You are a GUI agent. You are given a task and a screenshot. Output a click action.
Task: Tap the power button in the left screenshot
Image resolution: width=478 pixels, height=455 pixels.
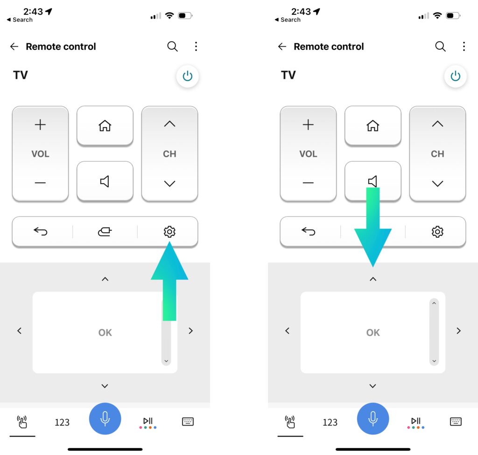point(188,76)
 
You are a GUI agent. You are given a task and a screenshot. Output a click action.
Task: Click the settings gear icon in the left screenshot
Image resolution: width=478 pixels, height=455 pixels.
point(169,232)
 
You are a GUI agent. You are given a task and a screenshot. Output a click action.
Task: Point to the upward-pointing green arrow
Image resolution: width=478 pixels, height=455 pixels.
point(169,281)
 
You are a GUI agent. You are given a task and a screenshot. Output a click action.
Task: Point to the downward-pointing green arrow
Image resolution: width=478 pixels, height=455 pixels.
point(373,227)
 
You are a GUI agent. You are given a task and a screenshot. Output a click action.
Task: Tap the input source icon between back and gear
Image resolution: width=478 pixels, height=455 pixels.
point(105,232)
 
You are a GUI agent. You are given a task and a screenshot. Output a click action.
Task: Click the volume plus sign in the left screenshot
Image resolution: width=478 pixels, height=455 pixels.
point(40,124)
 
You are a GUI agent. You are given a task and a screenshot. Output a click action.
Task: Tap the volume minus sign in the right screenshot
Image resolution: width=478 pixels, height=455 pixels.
point(308,183)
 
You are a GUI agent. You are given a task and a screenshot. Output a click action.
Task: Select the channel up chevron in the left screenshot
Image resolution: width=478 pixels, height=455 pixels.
point(169,124)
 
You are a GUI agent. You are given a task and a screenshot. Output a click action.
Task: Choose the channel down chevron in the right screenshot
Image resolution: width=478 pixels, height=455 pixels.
point(437,183)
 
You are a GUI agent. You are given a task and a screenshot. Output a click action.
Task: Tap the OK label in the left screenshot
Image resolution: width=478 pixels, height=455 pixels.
point(105,332)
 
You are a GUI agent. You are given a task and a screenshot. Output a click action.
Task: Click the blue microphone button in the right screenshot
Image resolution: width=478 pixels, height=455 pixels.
point(373,419)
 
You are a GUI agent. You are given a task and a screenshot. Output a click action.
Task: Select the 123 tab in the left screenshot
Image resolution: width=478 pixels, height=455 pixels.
point(62,422)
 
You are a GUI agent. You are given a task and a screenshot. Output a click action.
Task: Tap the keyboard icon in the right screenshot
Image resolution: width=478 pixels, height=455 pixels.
point(456,421)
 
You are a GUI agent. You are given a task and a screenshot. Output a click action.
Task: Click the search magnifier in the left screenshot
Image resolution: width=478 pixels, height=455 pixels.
point(173,46)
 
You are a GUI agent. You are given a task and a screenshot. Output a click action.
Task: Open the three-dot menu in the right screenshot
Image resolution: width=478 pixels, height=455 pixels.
point(464,46)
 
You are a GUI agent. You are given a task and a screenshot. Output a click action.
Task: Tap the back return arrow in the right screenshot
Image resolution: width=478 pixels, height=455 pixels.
point(308,231)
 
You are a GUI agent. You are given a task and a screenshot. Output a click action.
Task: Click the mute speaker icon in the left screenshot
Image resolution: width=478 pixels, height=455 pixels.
point(105,181)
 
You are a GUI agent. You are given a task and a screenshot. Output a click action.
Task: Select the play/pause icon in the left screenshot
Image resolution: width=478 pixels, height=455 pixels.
point(148,422)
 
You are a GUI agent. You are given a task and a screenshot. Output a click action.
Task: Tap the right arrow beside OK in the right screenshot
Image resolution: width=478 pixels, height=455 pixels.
point(458,331)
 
